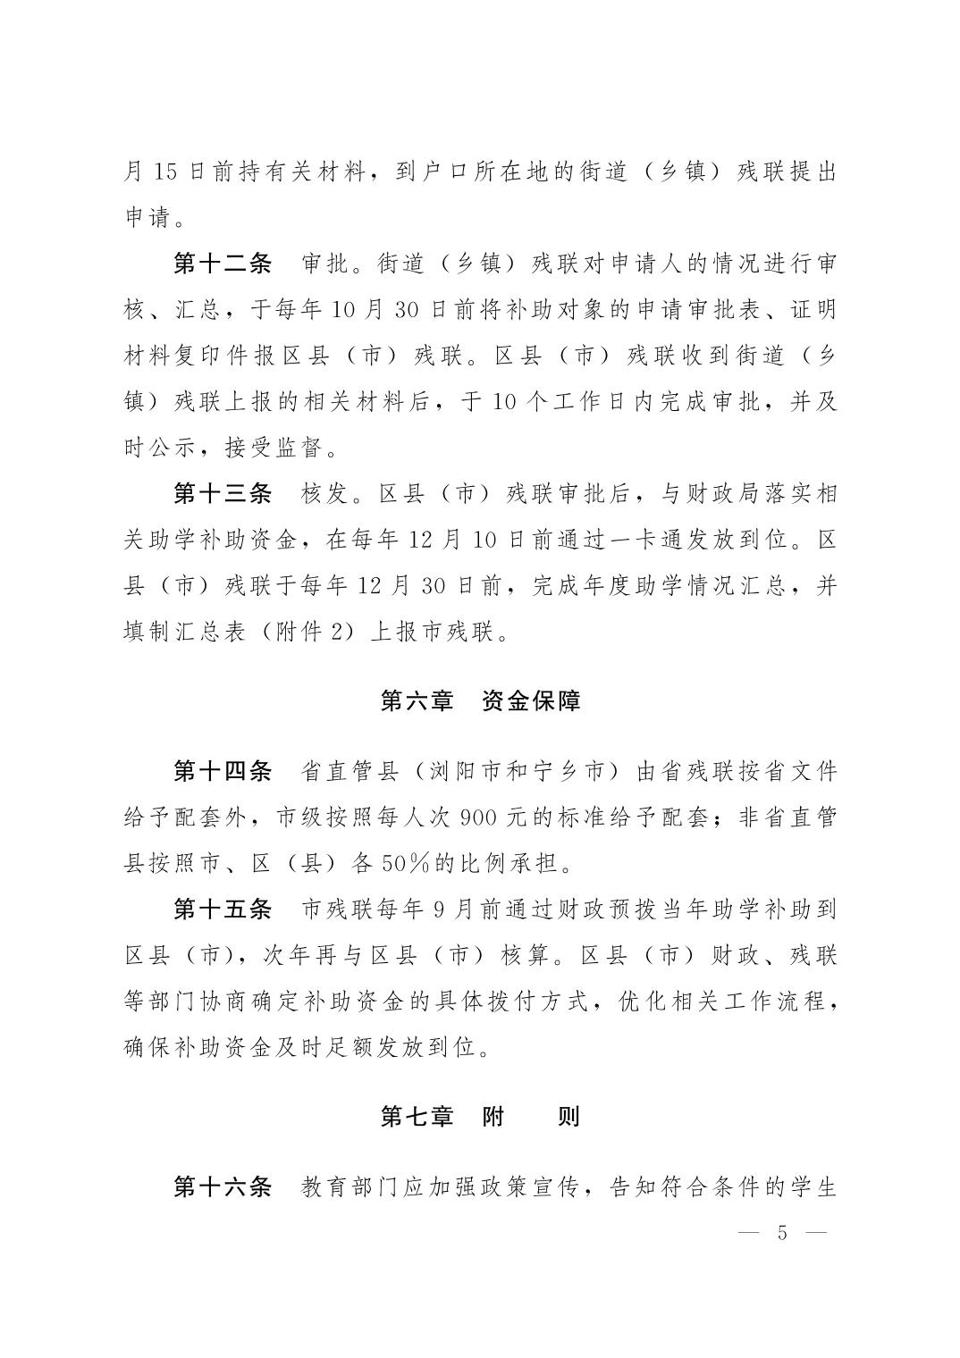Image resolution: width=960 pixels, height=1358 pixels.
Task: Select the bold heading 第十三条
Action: coord(222,493)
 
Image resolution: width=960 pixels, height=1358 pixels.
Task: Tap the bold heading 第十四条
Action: coord(222,770)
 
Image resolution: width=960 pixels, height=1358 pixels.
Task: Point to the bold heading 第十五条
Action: coord(222,910)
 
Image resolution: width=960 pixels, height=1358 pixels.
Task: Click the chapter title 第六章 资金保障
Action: coord(480,700)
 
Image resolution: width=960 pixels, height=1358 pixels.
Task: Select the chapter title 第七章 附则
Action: coord(480,1117)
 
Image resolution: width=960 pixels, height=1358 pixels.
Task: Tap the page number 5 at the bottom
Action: coord(782,1234)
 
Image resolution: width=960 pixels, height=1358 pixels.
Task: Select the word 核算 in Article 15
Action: coord(524,956)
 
